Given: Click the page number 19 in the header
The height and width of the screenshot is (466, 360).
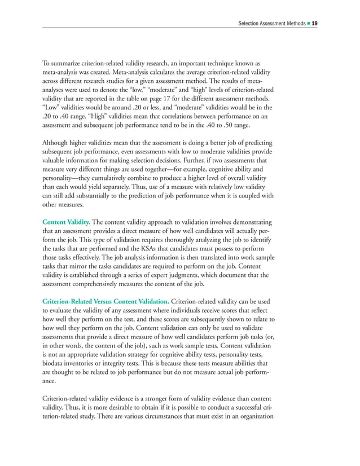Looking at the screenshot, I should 314,23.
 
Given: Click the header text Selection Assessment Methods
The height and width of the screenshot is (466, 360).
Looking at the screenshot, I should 271,23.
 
